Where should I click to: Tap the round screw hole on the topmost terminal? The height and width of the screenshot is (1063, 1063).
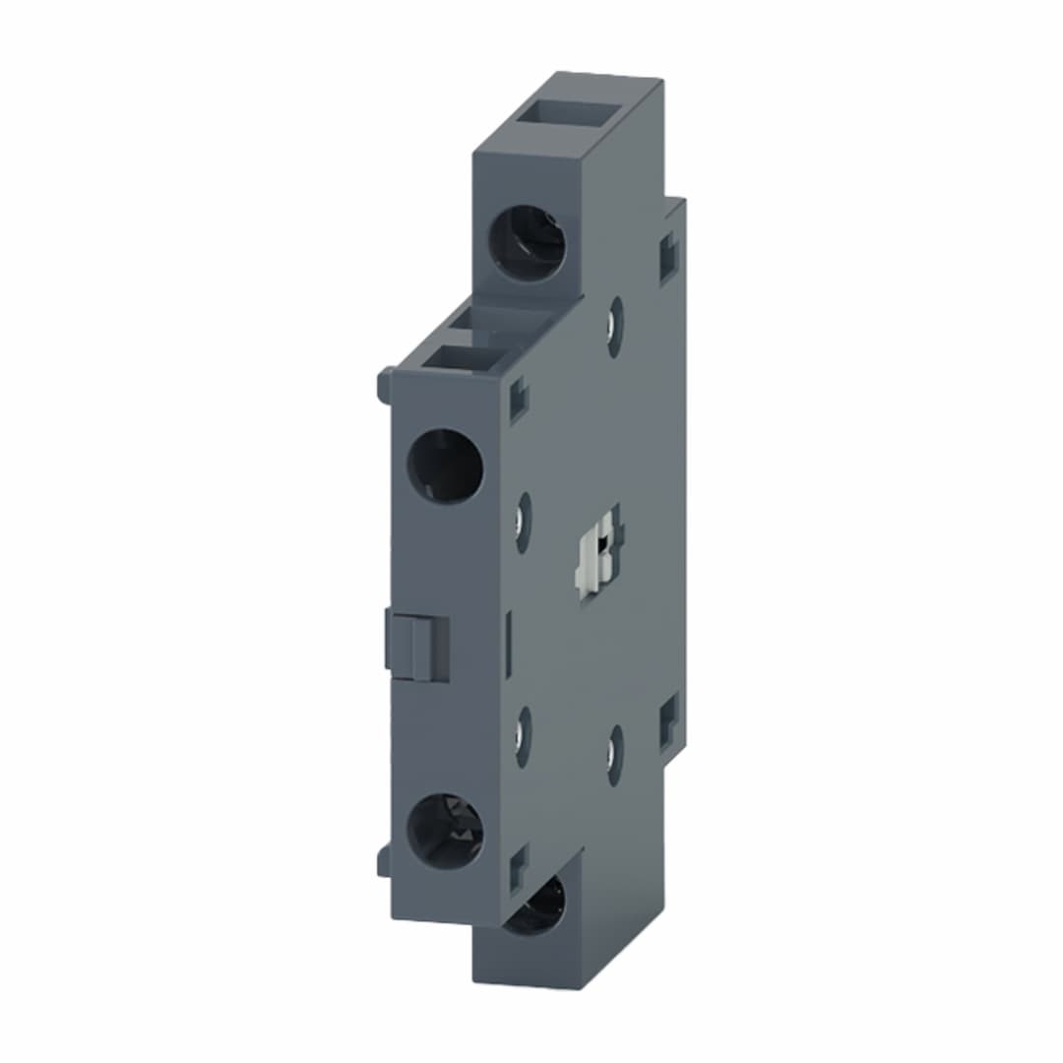click(529, 243)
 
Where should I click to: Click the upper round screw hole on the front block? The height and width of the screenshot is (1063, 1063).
click(445, 467)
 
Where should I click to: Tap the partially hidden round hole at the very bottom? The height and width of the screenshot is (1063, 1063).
click(536, 907)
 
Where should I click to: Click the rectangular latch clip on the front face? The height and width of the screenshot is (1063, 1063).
click(418, 646)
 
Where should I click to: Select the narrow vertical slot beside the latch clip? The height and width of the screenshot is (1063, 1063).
click(508, 645)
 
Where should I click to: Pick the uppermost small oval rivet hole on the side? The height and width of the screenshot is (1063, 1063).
click(615, 326)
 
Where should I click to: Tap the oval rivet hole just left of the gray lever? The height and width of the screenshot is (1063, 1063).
click(524, 522)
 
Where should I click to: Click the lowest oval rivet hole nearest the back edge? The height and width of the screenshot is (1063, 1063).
click(615, 756)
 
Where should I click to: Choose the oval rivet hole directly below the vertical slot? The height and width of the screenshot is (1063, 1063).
click(524, 736)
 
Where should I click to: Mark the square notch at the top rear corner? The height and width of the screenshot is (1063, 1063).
click(669, 258)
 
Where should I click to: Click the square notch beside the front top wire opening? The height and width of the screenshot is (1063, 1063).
click(518, 402)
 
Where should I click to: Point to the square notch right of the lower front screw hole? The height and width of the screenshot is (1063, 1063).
click(518, 866)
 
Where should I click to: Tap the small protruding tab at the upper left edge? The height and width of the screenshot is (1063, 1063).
click(385, 385)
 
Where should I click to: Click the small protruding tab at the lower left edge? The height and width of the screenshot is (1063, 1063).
click(385, 860)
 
